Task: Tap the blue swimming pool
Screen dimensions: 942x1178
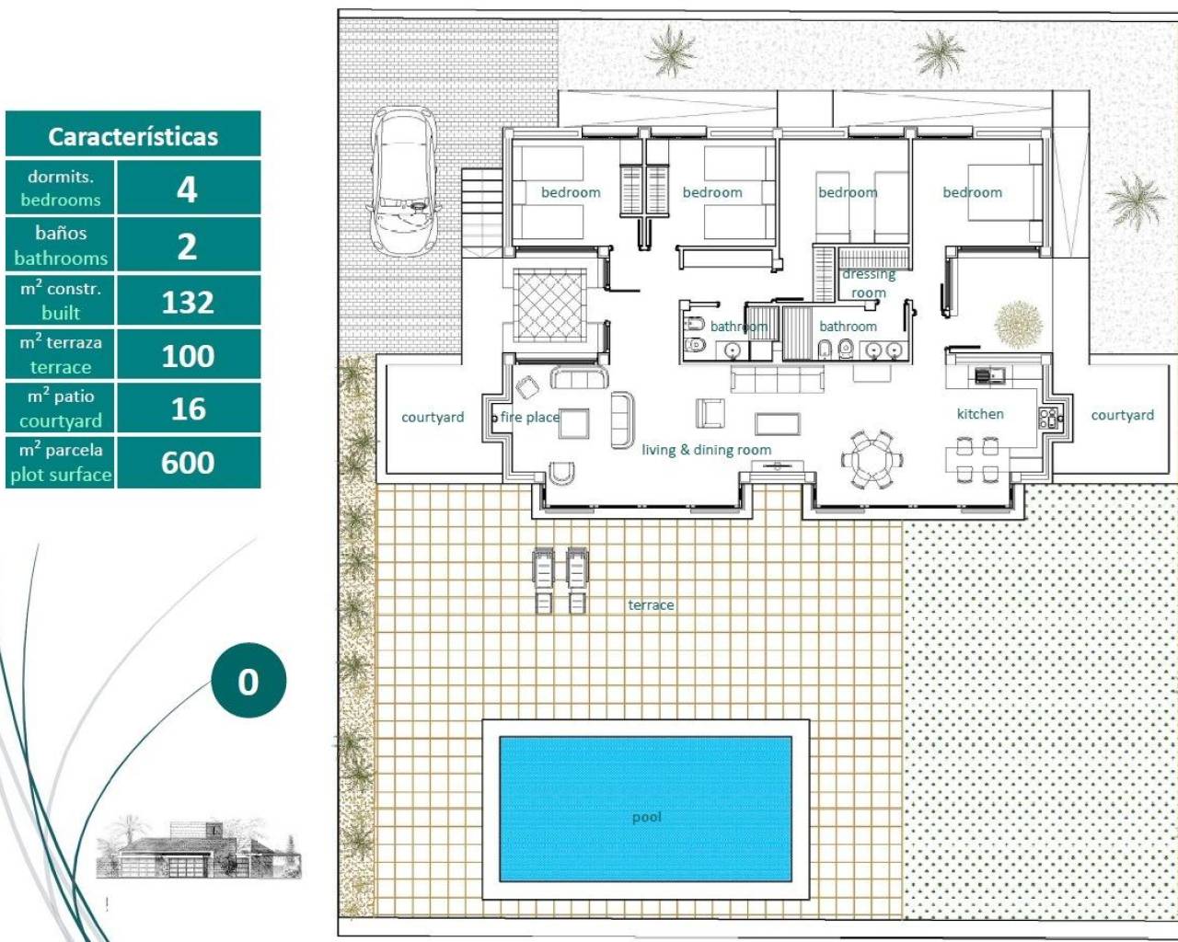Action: (645, 808)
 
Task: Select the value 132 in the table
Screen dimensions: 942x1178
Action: (188, 302)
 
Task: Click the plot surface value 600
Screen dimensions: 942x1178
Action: (188, 463)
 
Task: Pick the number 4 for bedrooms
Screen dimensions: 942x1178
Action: (187, 190)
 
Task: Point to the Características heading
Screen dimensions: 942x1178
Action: (133, 136)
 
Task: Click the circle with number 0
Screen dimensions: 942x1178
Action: (248, 681)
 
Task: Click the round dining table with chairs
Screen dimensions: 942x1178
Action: (871, 457)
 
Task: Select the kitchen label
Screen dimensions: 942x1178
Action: (980, 414)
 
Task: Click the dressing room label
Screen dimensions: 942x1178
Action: (869, 283)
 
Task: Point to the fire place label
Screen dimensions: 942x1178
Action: (530, 417)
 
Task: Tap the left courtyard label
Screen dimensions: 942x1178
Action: (433, 417)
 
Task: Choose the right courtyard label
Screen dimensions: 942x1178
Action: (1122, 415)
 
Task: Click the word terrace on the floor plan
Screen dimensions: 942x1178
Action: (651, 604)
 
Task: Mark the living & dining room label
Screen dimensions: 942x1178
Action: (706, 450)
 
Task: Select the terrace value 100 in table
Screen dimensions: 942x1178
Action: (188, 356)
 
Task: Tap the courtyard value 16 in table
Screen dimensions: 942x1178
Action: (188, 409)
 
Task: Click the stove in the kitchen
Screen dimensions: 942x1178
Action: (1048, 418)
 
